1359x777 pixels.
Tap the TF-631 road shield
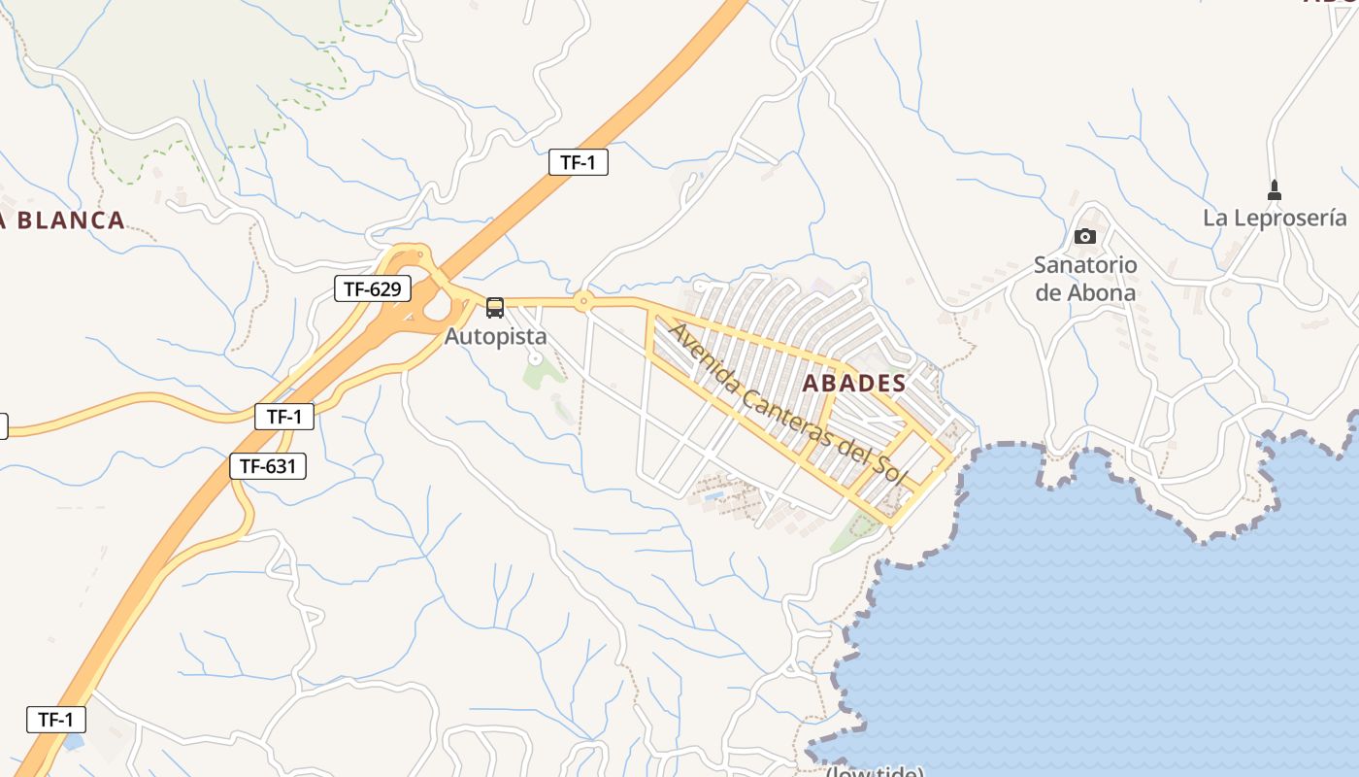[268, 466]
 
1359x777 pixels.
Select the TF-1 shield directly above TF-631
[284, 417]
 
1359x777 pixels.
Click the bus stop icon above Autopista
[495, 308]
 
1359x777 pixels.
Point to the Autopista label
[495, 337]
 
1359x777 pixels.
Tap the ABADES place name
[854, 383]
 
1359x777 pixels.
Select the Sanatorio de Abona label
[1084, 278]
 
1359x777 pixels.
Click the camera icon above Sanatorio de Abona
[1085, 236]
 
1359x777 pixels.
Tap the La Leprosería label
[1275, 218]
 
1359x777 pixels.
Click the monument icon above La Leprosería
[1275, 189]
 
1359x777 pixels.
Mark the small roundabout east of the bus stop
[583, 302]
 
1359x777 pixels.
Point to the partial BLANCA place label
[63, 220]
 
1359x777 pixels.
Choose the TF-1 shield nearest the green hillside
[578, 162]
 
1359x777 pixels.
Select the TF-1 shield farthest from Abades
[56, 720]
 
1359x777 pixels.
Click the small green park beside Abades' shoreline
[852, 532]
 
